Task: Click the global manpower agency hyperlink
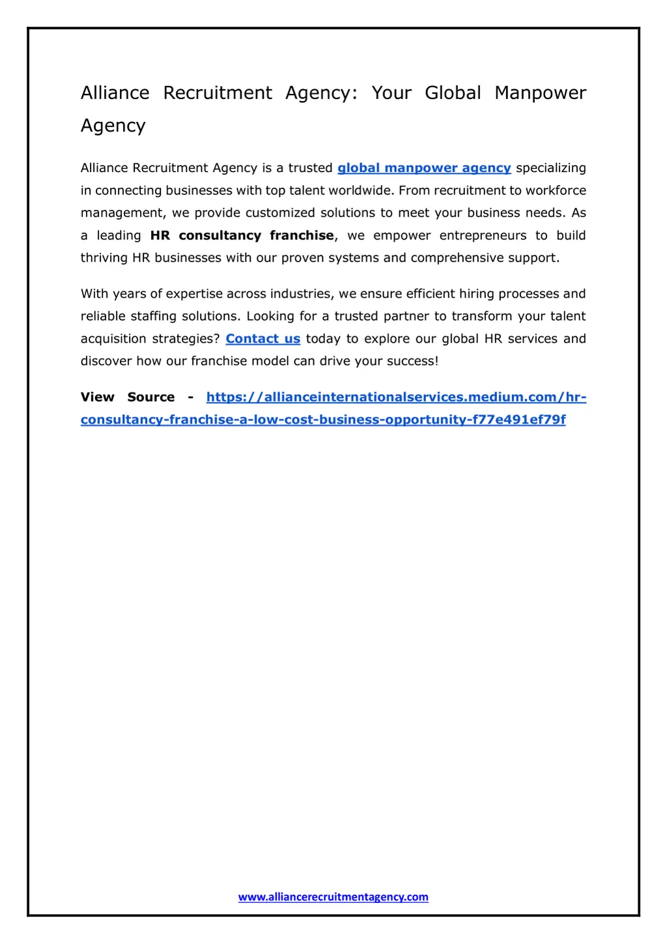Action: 424,168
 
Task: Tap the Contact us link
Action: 263,339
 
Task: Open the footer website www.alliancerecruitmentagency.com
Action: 333,897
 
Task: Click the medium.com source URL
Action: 396,397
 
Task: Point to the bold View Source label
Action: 128,397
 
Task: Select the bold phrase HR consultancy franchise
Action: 242,236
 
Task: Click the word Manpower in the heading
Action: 540,93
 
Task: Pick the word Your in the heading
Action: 391,93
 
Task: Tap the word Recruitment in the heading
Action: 218,93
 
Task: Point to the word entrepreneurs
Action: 483,236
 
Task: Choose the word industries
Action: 300,294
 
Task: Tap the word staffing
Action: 154,317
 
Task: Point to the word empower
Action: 402,236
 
